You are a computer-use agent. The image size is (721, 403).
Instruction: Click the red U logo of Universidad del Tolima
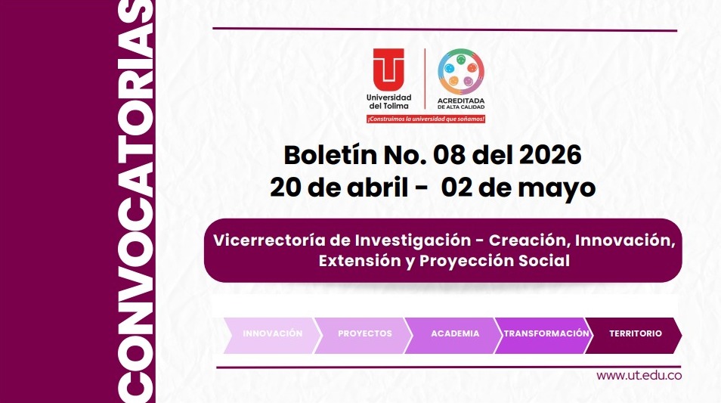point(388,69)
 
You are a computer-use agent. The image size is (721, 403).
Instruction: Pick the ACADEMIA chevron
point(455,333)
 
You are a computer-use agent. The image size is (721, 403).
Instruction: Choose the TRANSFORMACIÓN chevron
point(546,333)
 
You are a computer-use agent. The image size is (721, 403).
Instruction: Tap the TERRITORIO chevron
point(635,333)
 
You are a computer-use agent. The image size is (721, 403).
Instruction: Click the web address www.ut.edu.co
point(639,376)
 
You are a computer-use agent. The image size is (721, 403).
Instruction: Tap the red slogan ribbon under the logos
point(425,119)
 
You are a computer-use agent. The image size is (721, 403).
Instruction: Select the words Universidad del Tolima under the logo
point(388,101)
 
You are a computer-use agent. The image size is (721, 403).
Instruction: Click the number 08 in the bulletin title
point(448,154)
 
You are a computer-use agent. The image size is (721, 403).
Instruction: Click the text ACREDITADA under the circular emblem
point(461,100)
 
